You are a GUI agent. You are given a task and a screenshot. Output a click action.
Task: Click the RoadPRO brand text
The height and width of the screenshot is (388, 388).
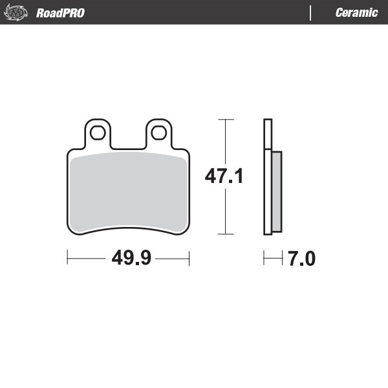pyautogui.click(x=60, y=13)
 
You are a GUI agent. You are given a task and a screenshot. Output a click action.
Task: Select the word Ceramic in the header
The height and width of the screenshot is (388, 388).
pyautogui.click(x=356, y=13)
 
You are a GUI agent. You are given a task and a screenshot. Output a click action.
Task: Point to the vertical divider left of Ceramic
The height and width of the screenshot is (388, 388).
pyautogui.click(x=311, y=13)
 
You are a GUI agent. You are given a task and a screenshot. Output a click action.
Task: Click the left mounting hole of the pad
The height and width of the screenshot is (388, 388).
pyautogui.click(x=98, y=133)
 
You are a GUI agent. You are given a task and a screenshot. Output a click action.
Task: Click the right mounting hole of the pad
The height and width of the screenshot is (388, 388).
pyautogui.click(x=158, y=133)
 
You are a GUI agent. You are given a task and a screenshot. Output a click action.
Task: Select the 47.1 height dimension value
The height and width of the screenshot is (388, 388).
pyautogui.click(x=224, y=176)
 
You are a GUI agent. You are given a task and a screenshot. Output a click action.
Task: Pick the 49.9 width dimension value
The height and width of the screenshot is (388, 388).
pyautogui.click(x=131, y=259)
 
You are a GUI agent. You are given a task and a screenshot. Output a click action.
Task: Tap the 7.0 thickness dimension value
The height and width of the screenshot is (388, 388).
pyautogui.click(x=301, y=259)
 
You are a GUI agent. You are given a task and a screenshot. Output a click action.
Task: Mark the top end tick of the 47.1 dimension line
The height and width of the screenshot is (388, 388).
pyautogui.click(x=224, y=120)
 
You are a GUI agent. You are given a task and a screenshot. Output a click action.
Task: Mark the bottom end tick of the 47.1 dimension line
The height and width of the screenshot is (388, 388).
pyautogui.click(x=224, y=234)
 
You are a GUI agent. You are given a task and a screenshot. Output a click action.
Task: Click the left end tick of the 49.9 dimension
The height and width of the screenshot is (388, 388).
pyautogui.click(x=68, y=259)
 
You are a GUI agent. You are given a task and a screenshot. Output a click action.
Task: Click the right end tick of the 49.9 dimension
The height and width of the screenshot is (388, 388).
pyautogui.click(x=189, y=259)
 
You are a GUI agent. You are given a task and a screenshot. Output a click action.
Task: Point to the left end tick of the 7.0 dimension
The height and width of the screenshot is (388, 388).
pyautogui.click(x=264, y=259)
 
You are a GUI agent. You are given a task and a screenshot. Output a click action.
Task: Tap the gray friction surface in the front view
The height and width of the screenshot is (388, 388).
pyautogui.click(x=128, y=191)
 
